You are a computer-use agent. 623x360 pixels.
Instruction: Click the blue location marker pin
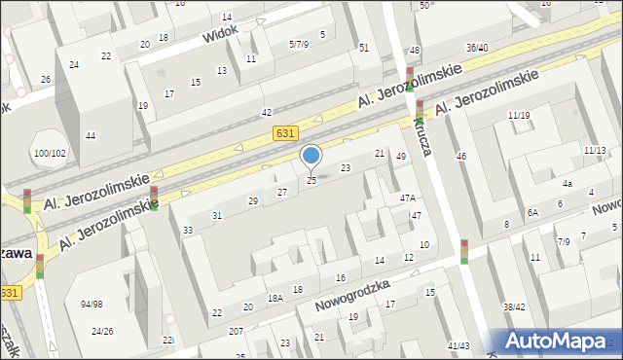[311, 157]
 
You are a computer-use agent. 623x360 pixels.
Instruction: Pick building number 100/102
[50, 153]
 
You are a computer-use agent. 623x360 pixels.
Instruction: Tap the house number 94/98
[92, 305]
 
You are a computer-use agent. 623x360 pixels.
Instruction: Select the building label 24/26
[102, 331]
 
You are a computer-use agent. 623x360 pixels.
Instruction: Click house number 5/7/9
[299, 44]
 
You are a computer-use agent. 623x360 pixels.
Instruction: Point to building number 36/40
[477, 48]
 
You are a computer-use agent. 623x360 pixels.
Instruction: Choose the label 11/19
[518, 116]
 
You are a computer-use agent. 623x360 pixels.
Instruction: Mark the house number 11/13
[594, 151]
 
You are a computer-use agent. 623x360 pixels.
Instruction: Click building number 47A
[409, 198]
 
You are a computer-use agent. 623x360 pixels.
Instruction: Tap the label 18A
[275, 299]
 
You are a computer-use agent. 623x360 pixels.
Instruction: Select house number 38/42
[514, 306]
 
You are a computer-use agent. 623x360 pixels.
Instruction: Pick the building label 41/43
[458, 346]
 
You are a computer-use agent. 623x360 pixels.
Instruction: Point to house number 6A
[532, 212]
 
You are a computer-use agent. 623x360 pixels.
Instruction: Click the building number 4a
[567, 183]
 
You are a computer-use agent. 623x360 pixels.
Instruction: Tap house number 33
[187, 231]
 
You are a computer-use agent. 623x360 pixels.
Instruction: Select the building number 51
[363, 48]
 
